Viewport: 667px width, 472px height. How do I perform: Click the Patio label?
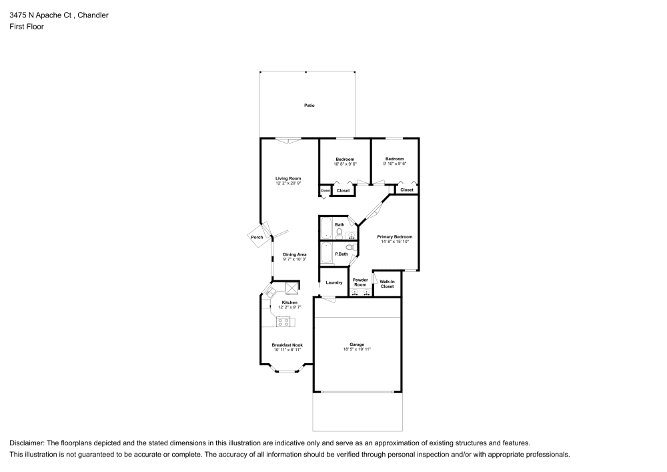(309, 105)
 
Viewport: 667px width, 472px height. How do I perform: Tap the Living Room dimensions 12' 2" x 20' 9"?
(289, 184)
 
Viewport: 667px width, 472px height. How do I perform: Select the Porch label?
(257, 237)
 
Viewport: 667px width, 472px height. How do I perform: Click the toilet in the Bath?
(340, 234)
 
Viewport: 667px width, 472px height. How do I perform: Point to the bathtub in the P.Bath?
(326, 254)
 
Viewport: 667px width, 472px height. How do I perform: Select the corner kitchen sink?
(271, 291)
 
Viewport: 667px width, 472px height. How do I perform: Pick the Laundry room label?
(334, 282)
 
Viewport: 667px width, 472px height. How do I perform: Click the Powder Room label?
(360, 282)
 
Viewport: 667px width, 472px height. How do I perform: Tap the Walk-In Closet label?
(388, 284)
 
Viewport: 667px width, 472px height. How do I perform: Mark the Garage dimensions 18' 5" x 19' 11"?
(357, 349)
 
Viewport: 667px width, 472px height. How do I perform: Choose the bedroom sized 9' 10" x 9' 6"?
(395, 161)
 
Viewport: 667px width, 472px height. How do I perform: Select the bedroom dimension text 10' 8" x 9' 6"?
(345, 164)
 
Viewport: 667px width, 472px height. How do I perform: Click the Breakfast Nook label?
(287, 345)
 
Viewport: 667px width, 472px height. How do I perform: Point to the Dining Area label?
(295, 254)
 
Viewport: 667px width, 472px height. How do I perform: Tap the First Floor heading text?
(27, 27)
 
